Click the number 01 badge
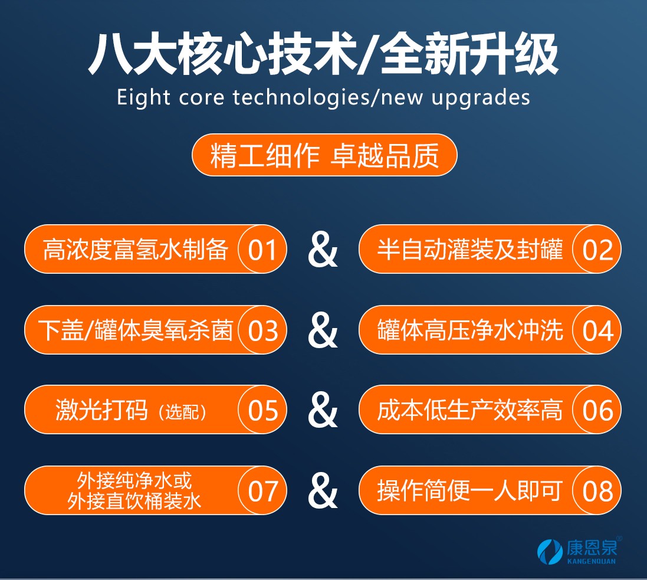tap(262, 249)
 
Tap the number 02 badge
tap(597, 249)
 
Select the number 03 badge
tap(262, 330)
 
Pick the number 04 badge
tap(597, 330)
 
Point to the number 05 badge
tap(262, 409)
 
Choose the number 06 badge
tap(597, 409)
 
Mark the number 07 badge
tap(262, 490)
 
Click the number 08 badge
tap(597, 490)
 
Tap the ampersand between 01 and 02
tap(323, 250)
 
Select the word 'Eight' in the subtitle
tap(143, 99)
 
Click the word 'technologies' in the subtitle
tap(301, 99)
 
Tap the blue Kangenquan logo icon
tap(550, 552)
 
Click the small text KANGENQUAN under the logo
tap(592, 561)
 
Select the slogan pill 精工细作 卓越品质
tap(324, 155)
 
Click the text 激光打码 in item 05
tap(101, 409)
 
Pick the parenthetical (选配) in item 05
tap(182, 412)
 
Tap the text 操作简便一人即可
tap(469, 490)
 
